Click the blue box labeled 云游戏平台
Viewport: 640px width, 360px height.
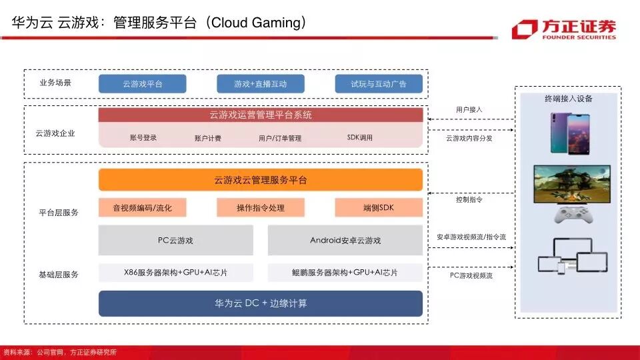tap(142, 84)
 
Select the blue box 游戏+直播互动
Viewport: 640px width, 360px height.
tap(260, 84)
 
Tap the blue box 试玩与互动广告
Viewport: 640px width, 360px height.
tap(379, 84)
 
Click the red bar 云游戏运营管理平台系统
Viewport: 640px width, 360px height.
tap(261, 115)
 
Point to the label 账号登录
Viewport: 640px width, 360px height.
tap(143, 138)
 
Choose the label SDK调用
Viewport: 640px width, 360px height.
tap(360, 138)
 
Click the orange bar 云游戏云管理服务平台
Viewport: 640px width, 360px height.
tap(261, 180)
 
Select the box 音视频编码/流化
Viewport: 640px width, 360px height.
tap(142, 208)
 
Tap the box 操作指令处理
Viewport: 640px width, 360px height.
tap(260, 208)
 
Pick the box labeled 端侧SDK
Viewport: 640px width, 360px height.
tap(379, 208)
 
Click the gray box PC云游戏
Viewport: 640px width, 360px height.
tap(175, 240)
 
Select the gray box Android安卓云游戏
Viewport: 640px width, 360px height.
tap(345, 240)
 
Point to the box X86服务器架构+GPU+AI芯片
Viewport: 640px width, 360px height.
tap(175, 273)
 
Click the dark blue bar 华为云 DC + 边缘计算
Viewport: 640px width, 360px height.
tap(261, 303)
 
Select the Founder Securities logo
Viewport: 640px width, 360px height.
tap(564, 29)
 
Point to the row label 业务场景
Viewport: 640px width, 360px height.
tap(55, 83)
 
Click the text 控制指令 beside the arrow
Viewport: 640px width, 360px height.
tap(469, 199)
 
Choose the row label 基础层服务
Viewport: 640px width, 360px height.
tap(59, 274)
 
